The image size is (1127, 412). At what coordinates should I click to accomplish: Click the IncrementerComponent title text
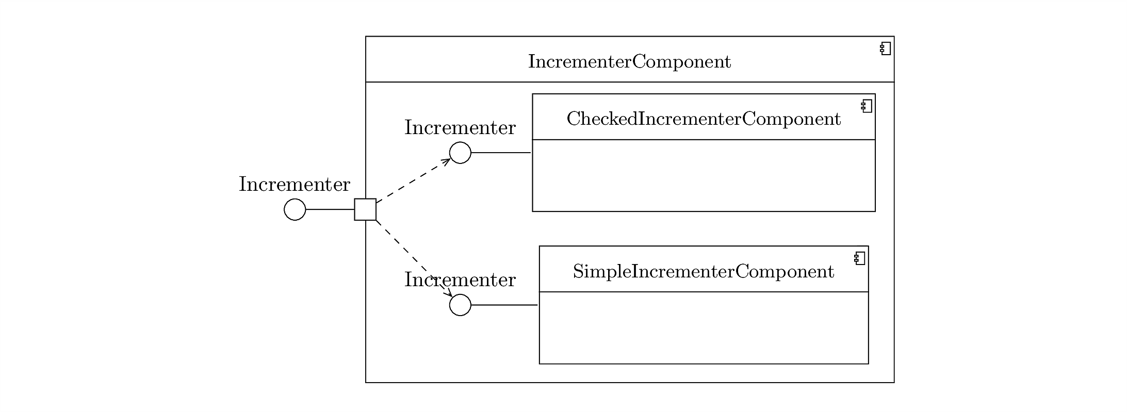click(x=629, y=62)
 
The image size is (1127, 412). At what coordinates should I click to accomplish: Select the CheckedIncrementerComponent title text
click(x=704, y=119)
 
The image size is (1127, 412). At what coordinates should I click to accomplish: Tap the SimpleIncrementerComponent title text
click(x=704, y=272)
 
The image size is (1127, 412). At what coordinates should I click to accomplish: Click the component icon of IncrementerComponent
click(x=885, y=49)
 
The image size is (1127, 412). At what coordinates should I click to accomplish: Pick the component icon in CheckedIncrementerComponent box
click(x=867, y=106)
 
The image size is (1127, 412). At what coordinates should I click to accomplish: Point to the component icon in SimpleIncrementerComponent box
click(x=860, y=258)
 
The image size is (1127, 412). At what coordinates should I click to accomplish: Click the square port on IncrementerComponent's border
click(x=365, y=209)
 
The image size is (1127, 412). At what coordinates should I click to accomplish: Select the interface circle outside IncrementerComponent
click(x=295, y=209)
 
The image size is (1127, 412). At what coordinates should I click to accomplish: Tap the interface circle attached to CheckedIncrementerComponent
click(x=460, y=153)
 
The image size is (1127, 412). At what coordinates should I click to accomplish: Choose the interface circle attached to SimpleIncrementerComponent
click(x=460, y=305)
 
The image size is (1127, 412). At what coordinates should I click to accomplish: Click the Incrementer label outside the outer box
click(x=295, y=185)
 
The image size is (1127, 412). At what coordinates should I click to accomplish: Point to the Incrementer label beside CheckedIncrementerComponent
click(x=460, y=128)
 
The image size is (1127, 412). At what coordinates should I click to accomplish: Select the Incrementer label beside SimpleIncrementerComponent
click(x=460, y=280)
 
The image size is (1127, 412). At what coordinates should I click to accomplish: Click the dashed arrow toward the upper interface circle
click(x=414, y=180)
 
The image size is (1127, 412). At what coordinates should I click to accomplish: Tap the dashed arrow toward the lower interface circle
click(x=414, y=258)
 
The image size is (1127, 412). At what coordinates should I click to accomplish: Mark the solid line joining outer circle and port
click(x=330, y=209)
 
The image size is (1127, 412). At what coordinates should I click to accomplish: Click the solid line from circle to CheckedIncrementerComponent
click(x=501, y=153)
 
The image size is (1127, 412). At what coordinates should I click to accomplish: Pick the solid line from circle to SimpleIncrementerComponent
click(x=504, y=305)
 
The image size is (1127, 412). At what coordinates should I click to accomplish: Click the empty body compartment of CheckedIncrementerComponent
click(x=704, y=175)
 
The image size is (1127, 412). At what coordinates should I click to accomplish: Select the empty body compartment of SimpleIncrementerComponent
click(x=704, y=327)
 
